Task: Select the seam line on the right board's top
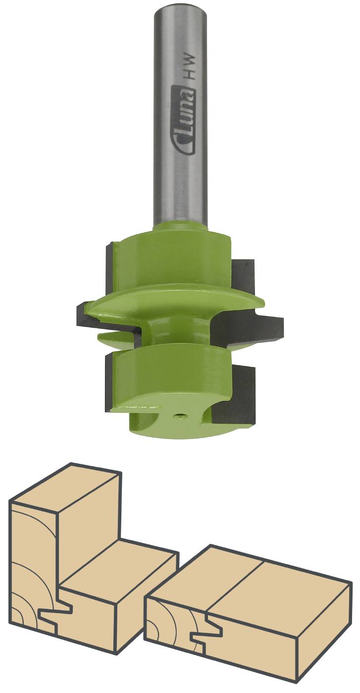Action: click(233, 584)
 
